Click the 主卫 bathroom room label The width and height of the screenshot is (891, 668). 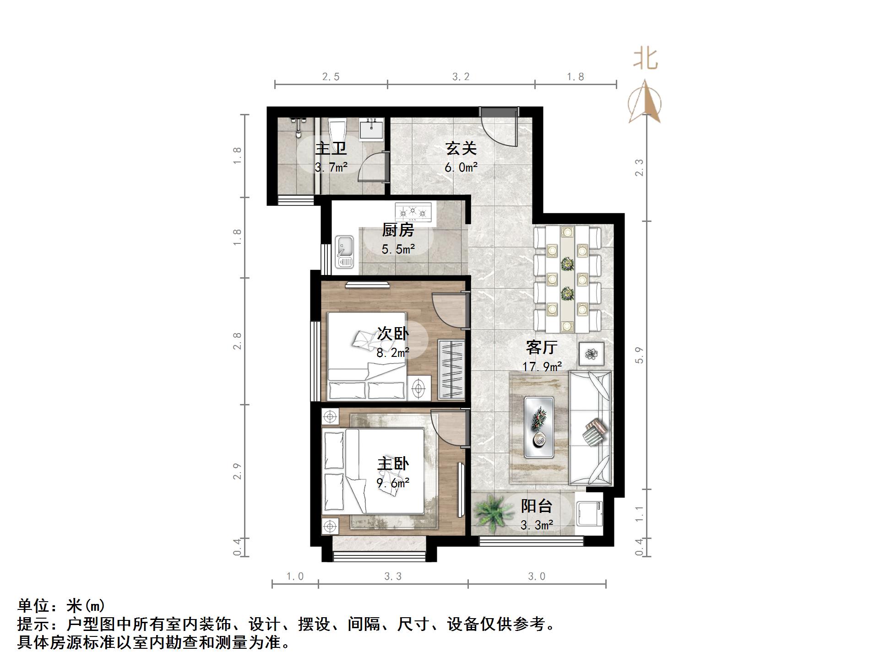click(331, 149)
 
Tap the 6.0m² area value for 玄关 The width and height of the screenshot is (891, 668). click(461, 167)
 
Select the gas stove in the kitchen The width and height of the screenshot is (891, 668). click(413, 212)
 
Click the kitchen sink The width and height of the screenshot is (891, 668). click(344, 251)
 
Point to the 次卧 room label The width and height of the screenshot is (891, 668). click(392, 334)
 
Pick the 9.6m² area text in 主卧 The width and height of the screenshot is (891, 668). click(393, 483)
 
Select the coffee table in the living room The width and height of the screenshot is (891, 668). click(539, 427)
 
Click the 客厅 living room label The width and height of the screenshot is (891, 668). click(542, 347)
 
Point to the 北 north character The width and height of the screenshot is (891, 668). click(646, 59)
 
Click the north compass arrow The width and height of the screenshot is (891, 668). click(645, 102)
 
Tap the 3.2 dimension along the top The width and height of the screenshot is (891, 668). click(461, 77)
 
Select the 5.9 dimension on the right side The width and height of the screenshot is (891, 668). click(640, 355)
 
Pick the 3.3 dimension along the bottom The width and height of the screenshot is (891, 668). click(393, 576)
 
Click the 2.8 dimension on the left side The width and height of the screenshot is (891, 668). click(237, 341)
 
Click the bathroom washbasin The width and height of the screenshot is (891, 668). click(371, 129)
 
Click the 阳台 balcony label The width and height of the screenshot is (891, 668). click(537, 506)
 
